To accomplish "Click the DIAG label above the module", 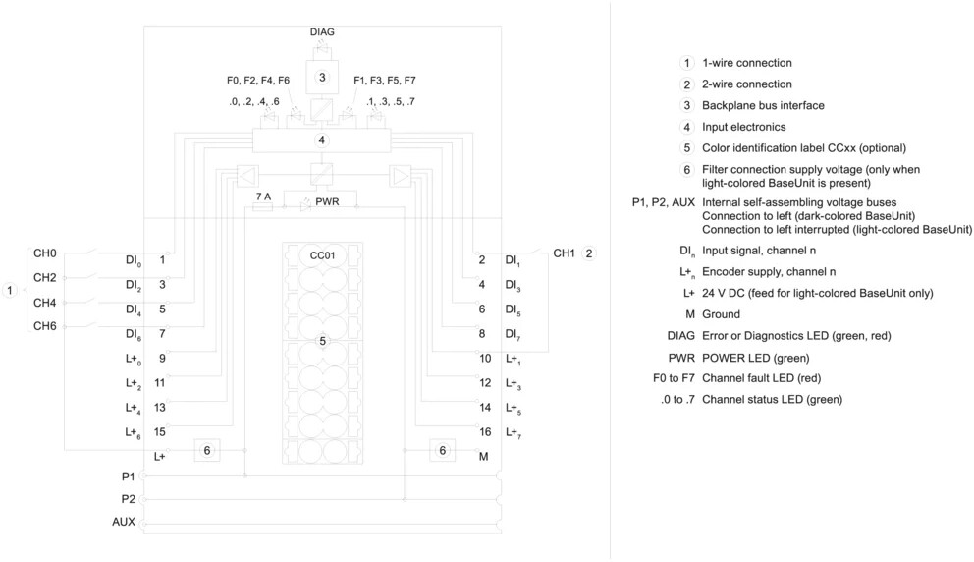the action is coord(322,31).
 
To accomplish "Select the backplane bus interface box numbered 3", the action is coord(322,77).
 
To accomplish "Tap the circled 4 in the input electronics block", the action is coord(321,140).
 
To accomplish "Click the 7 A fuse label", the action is coord(263,197).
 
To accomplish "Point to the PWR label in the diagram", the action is coord(327,201).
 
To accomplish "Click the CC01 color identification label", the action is coord(322,255).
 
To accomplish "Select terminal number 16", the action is coord(485,431).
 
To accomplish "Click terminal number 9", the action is coord(162,358).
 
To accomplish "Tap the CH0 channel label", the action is coord(45,253).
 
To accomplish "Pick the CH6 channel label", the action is coord(45,326).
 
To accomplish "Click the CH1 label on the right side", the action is coord(564,253).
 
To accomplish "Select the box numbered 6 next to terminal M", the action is coord(442,450).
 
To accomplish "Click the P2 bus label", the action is coord(128,499).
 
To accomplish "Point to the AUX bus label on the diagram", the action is coord(124,522).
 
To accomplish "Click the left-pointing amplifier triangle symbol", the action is coord(247,176).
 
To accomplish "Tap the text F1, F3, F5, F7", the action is coord(385,81).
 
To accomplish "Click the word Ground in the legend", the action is coord(722,314).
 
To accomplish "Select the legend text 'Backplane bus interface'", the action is coord(763,105).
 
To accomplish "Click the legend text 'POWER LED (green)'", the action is coord(755,358).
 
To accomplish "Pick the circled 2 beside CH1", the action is coord(589,253).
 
